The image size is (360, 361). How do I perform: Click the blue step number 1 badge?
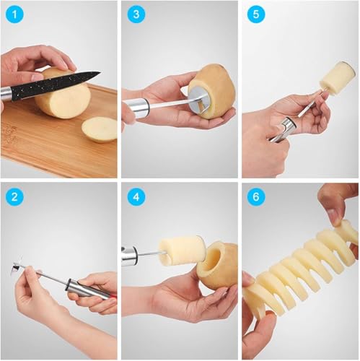14,14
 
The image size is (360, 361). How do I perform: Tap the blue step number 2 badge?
14,197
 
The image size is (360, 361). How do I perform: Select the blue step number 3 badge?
136,14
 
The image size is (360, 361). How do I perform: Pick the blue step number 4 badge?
136,197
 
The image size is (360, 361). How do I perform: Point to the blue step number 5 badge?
256,14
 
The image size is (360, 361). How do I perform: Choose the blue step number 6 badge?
256,197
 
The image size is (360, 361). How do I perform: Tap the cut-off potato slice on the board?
100,129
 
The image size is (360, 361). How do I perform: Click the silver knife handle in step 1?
5,95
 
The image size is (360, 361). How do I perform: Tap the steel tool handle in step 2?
90,290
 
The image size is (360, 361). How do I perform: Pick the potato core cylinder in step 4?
182,251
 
